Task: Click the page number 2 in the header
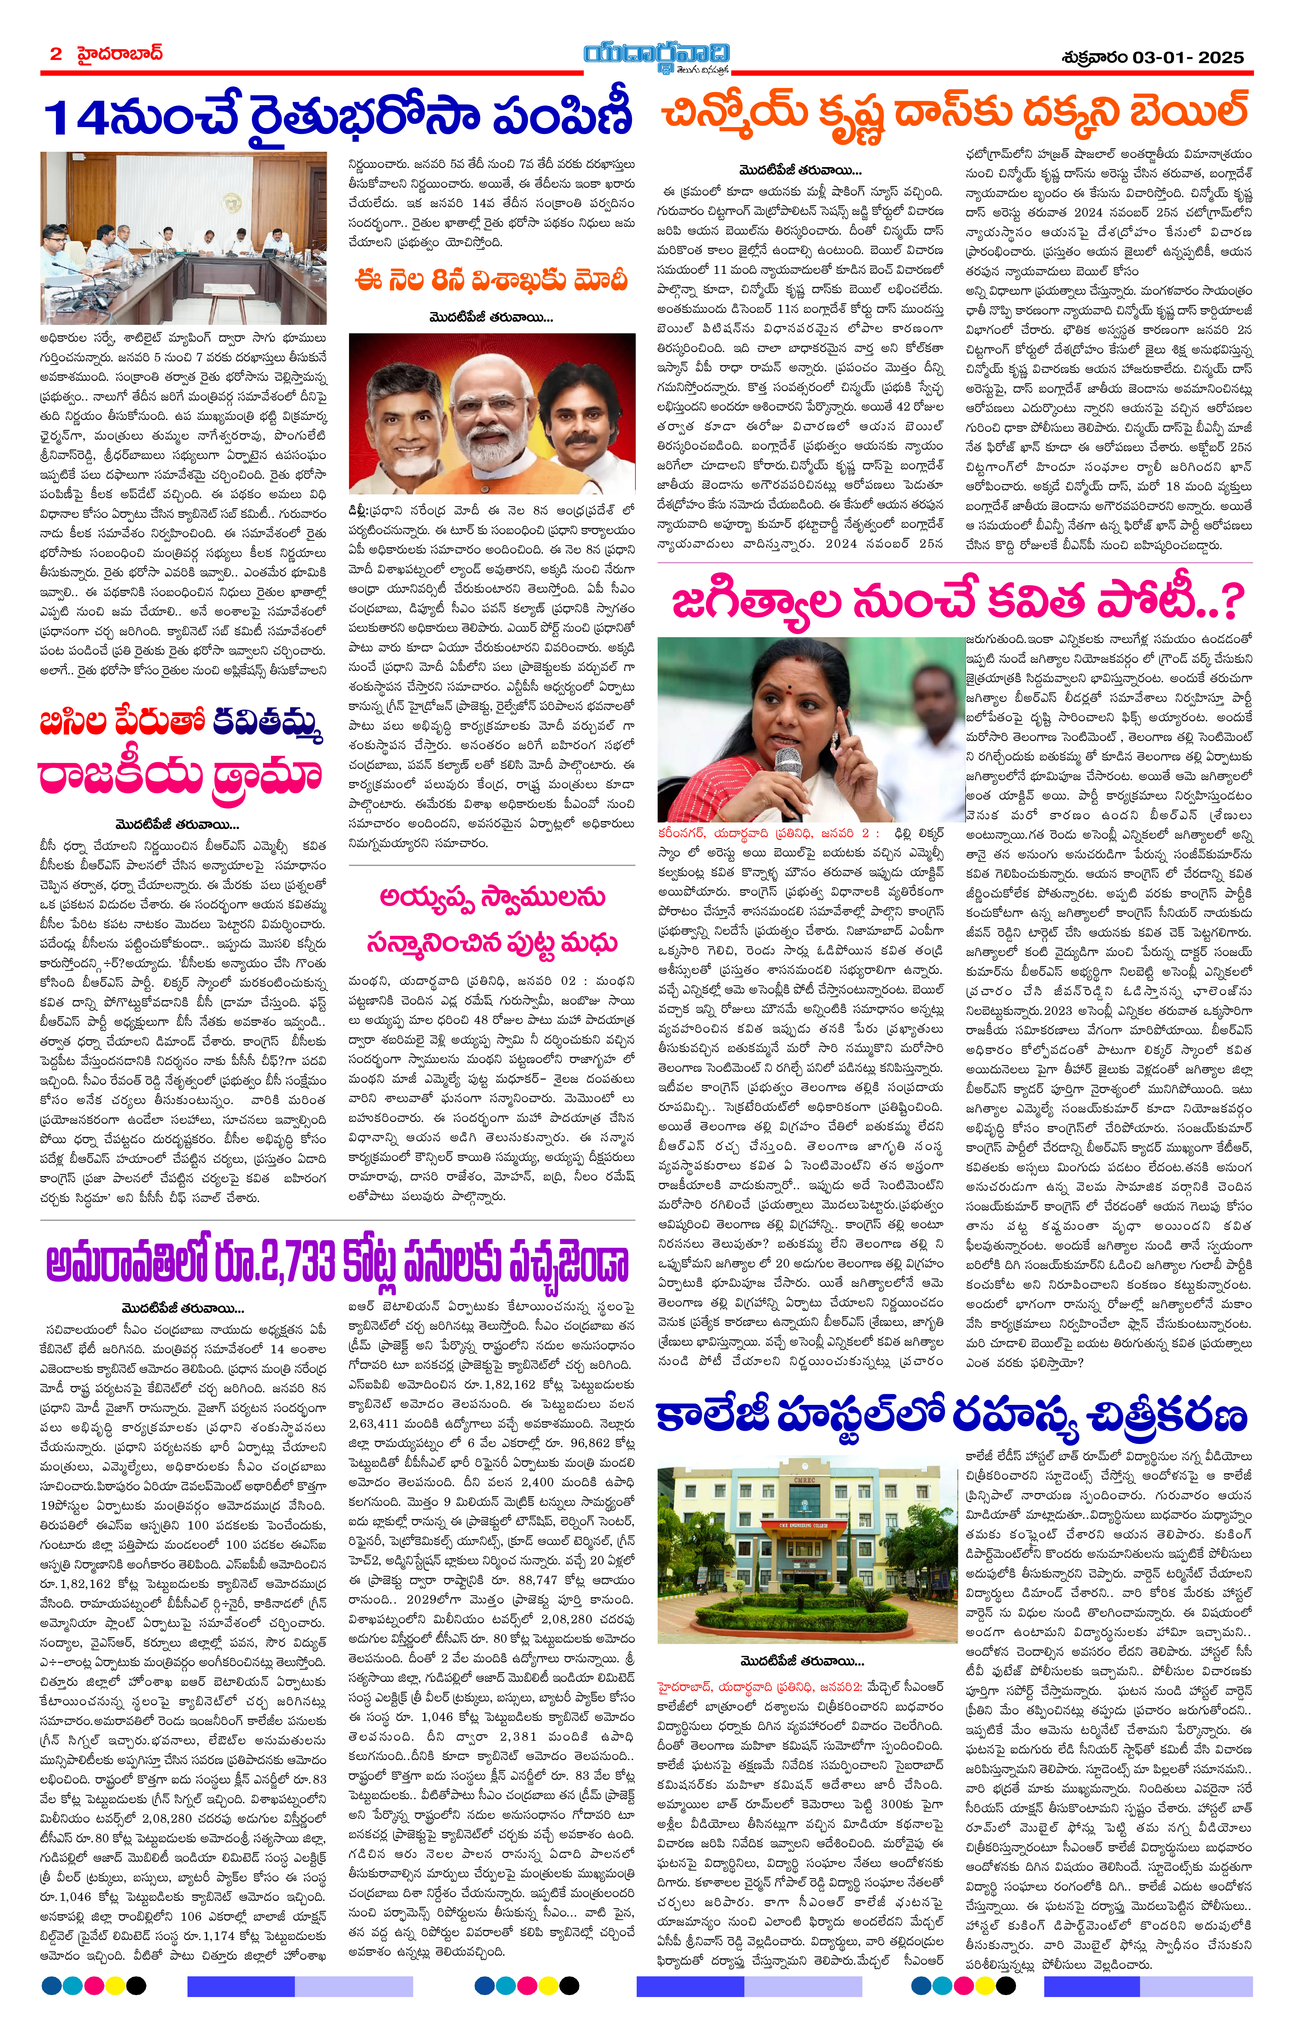pyautogui.click(x=56, y=54)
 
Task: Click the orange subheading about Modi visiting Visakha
pyautogui.click(x=491, y=280)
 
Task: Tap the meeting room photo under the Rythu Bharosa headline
pyautogui.click(x=183, y=238)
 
